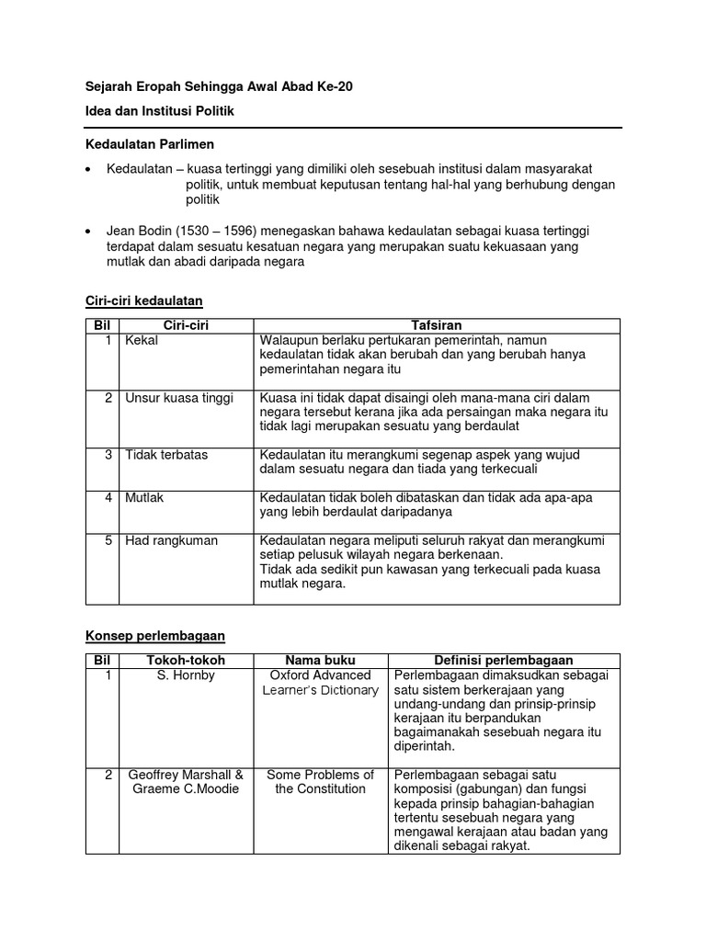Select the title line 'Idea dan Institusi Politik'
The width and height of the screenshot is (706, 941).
[x=160, y=111]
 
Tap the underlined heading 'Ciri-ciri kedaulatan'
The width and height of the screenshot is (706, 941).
[x=143, y=301]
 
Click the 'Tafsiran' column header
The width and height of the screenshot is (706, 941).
[x=437, y=325]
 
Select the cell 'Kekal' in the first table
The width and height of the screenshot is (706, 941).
[x=142, y=340]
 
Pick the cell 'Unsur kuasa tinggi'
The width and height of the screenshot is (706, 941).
[x=179, y=398]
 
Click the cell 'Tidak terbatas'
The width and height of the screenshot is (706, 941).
[x=166, y=455]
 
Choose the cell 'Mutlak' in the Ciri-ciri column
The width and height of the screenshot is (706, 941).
[x=145, y=497]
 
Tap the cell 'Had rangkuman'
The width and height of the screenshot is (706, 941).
[x=172, y=540]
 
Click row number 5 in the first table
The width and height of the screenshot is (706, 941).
[x=108, y=540]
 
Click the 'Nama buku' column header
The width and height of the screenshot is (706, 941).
[x=320, y=660]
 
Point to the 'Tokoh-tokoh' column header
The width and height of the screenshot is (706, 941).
[x=185, y=660]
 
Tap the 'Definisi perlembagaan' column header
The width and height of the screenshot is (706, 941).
[x=503, y=660]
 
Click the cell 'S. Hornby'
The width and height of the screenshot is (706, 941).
[x=185, y=675]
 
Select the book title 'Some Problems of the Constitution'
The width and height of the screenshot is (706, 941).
[x=320, y=781]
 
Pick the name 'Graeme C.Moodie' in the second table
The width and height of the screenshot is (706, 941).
[x=185, y=788]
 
